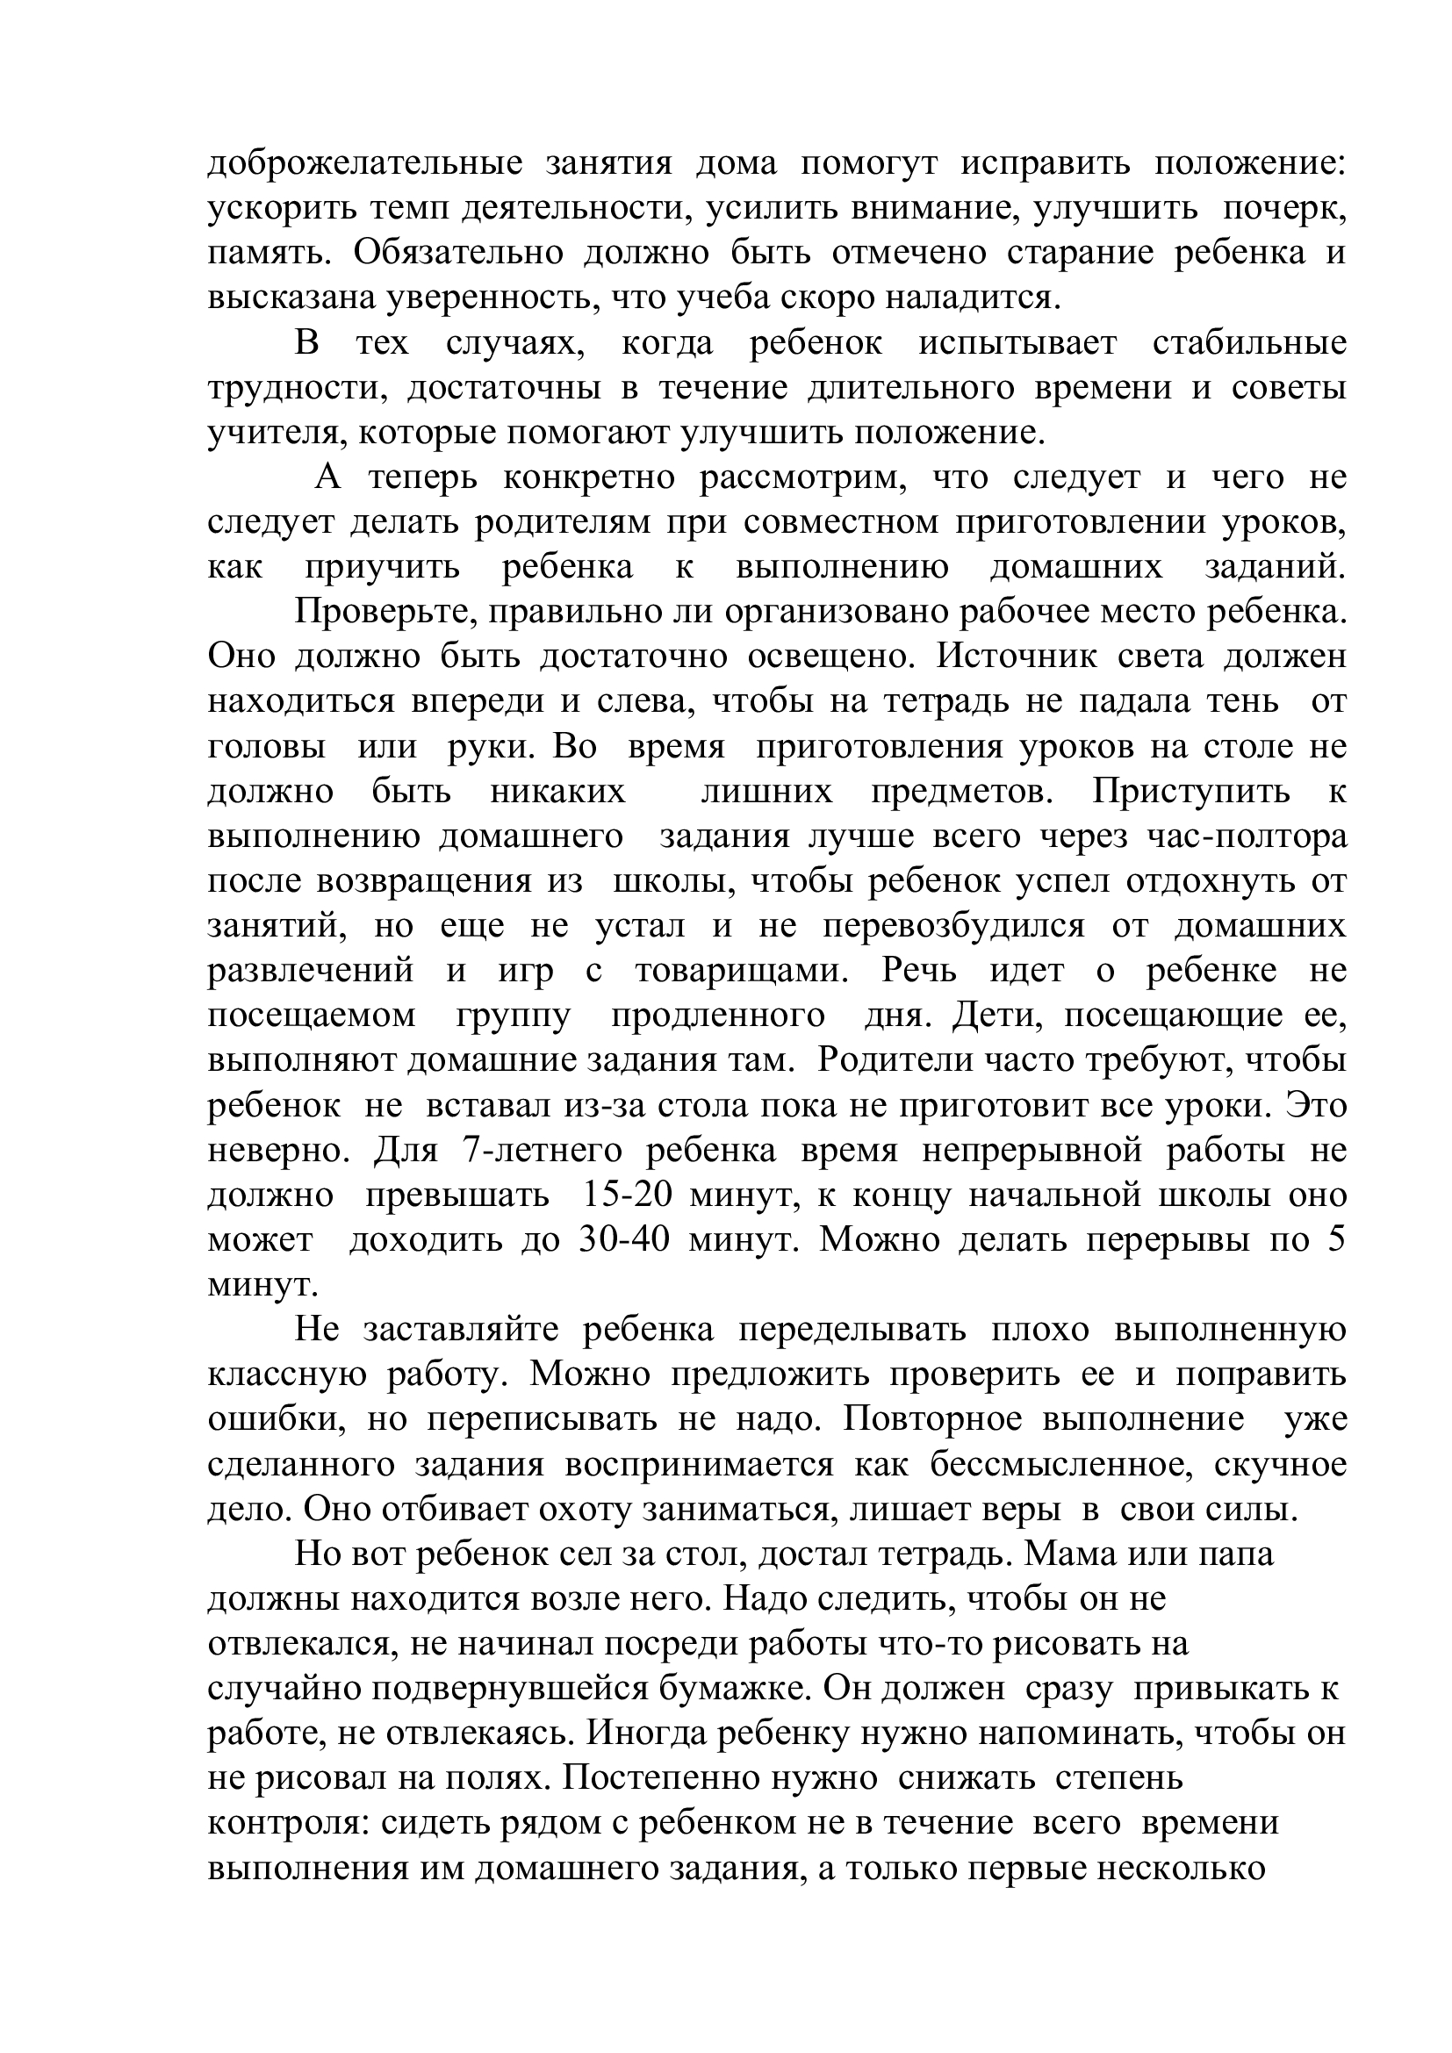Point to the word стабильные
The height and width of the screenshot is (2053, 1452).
pos(1249,344)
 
